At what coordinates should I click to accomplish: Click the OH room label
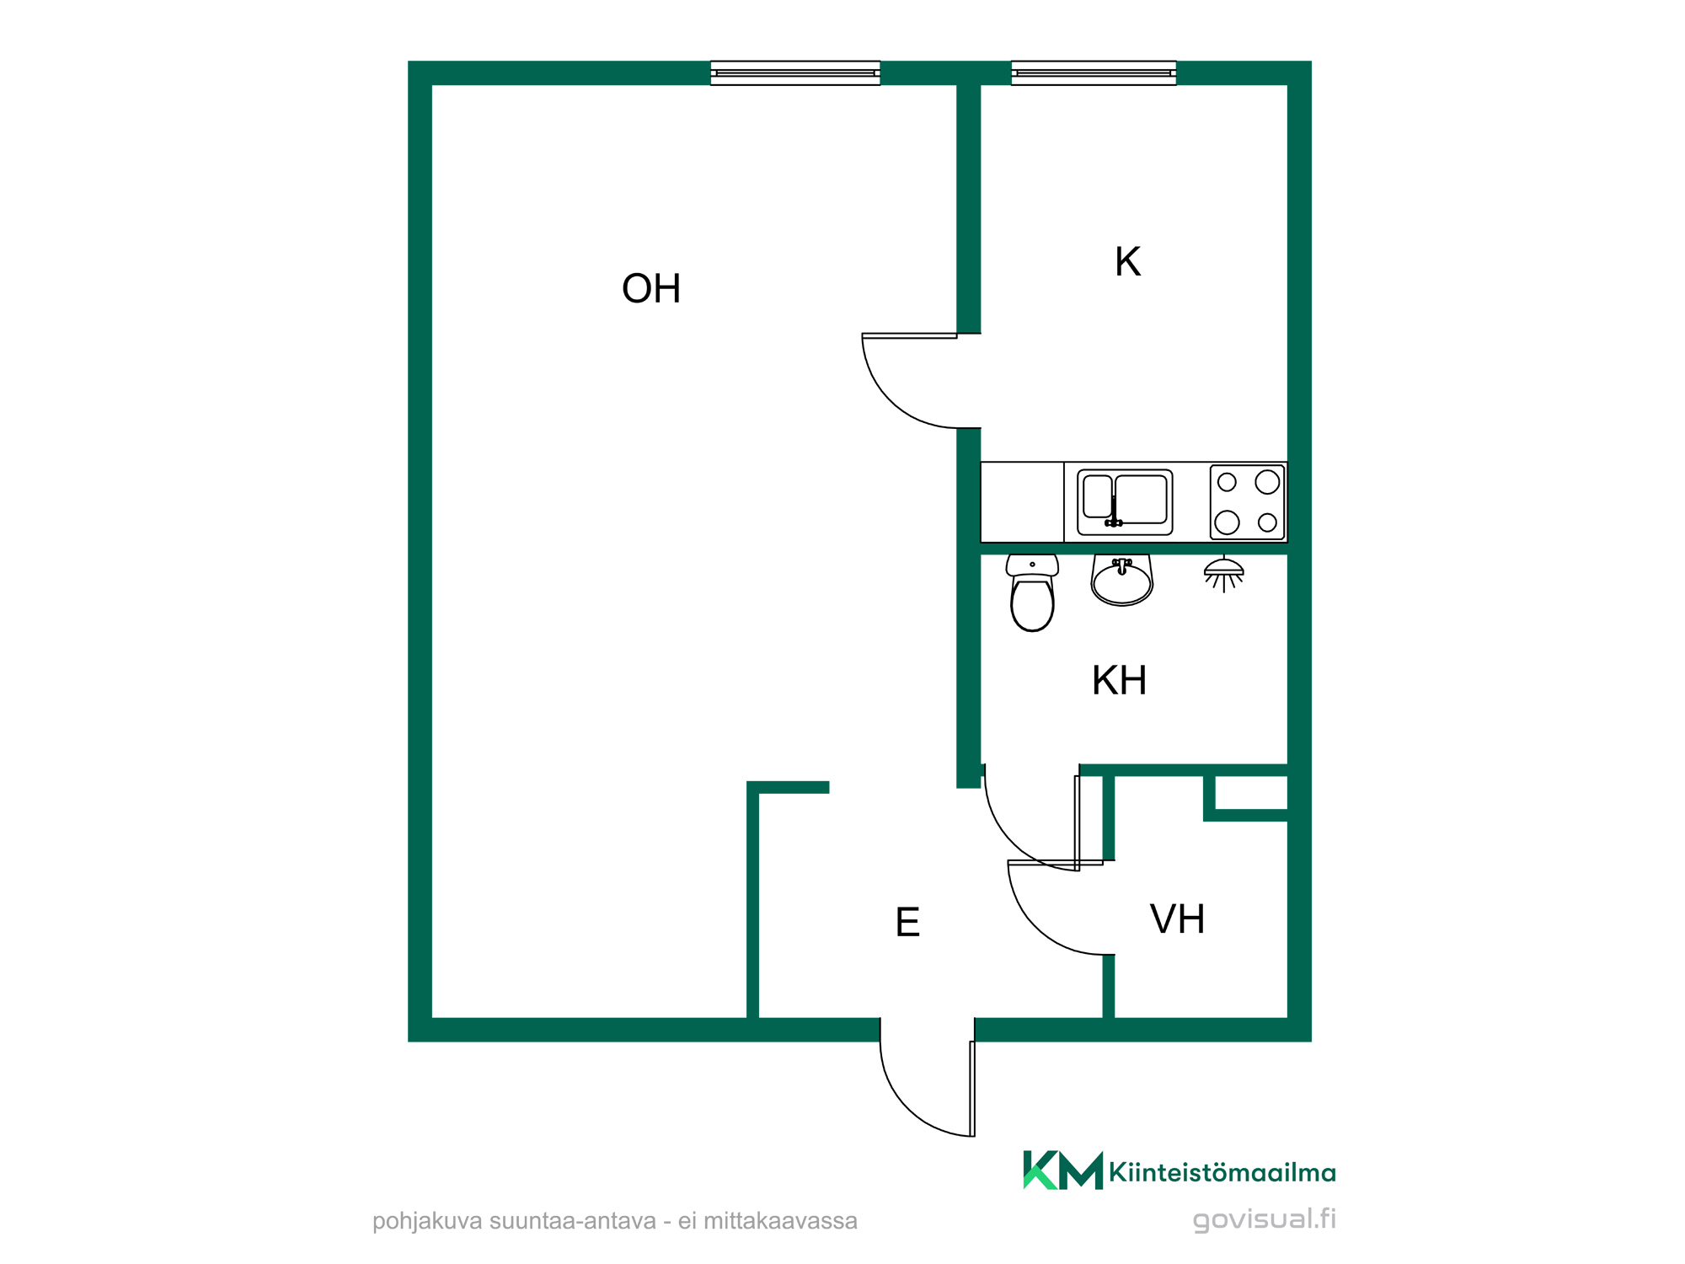click(x=650, y=288)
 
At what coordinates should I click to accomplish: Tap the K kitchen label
click(x=1127, y=261)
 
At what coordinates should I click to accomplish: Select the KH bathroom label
click(x=1119, y=680)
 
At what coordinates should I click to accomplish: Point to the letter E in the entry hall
click(x=907, y=922)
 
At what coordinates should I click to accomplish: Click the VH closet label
click(x=1177, y=919)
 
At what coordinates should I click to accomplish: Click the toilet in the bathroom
click(x=1032, y=592)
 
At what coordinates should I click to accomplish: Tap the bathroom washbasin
click(x=1121, y=580)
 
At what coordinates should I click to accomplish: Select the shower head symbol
click(x=1224, y=574)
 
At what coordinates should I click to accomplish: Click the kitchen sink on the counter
click(x=1125, y=502)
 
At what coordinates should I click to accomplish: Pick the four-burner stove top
click(x=1248, y=502)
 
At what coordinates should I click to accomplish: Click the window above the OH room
click(x=795, y=73)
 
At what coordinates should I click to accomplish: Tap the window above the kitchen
click(x=1094, y=73)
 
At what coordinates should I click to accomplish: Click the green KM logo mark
click(x=1062, y=1170)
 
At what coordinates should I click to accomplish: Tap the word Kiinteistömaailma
click(x=1222, y=1172)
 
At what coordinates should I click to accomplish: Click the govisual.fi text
click(x=1265, y=1219)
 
